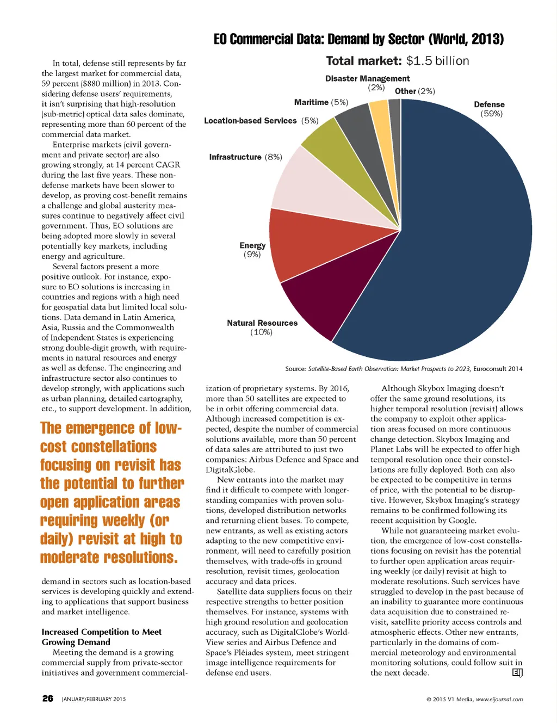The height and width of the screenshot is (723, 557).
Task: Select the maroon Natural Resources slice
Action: click(x=321, y=294)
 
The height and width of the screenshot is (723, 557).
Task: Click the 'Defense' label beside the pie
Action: click(x=489, y=104)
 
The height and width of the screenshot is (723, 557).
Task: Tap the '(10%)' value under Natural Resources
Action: click(x=261, y=332)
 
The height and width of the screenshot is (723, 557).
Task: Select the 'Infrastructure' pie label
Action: click(x=235, y=157)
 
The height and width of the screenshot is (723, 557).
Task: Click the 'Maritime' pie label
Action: click(x=311, y=102)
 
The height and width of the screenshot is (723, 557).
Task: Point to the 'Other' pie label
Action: click(x=405, y=91)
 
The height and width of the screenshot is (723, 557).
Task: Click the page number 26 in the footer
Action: click(x=48, y=699)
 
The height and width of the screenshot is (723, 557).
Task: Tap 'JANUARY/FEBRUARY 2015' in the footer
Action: click(x=94, y=699)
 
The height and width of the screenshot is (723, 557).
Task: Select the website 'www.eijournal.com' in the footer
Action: click(x=499, y=700)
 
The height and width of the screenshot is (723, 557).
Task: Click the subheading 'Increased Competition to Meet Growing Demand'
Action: click(x=101, y=637)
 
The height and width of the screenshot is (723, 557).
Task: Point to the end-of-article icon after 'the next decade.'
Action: click(x=517, y=673)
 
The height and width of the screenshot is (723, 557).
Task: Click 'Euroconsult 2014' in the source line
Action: click(x=498, y=369)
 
